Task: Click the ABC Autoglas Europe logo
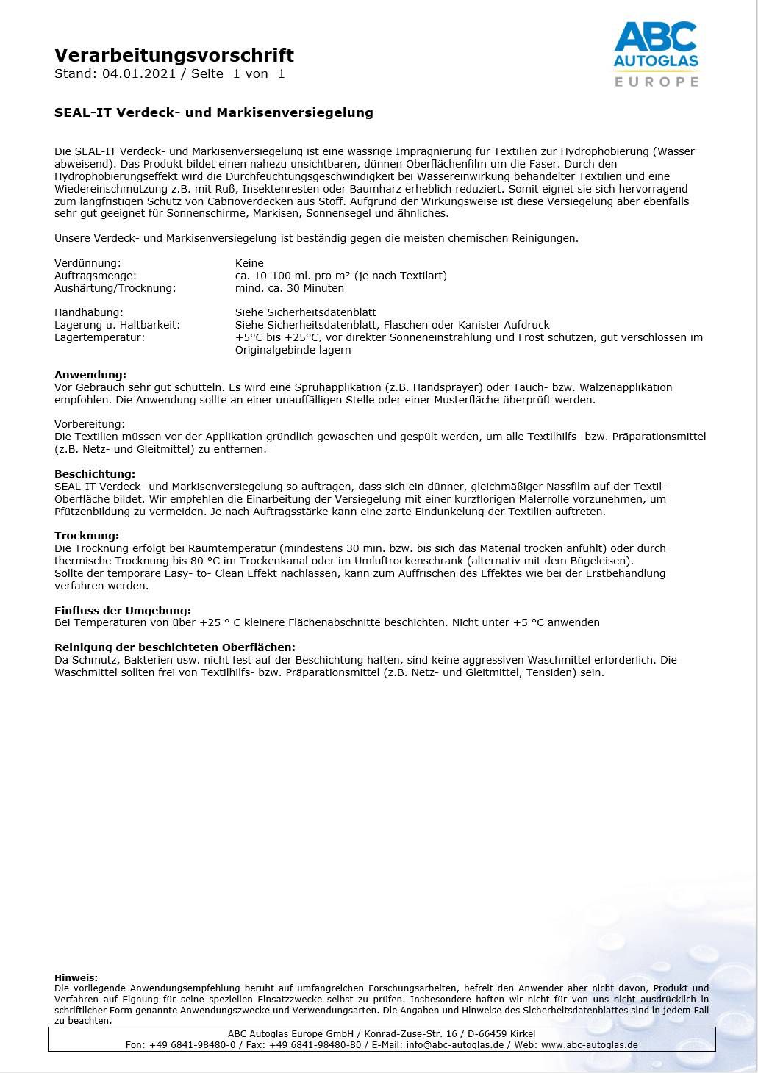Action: tap(656, 54)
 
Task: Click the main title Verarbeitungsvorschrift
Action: tap(174, 55)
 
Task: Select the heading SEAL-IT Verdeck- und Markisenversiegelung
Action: tap(214, 112)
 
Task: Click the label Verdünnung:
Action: tap(87, 263)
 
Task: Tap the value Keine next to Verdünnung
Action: tap(249, 263)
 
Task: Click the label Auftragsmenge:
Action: tap(96, 276)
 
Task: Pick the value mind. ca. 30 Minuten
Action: tap(289, 288)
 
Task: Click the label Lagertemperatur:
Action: tap(99, 337)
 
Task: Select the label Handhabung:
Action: tap(89, 312)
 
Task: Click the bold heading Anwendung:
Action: tap(90, 375)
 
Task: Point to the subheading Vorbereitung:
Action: tap(90, 424)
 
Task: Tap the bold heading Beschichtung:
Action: tap(95, 474)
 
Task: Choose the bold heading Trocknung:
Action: tap(87, 536)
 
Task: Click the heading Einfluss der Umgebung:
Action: tap(123, 610)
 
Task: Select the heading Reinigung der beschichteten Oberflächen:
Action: tap(175, 647)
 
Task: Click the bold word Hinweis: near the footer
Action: tap(76, 978)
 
